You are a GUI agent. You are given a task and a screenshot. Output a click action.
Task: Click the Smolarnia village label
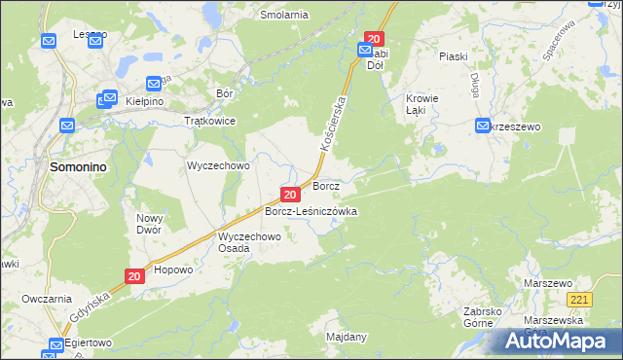point(284,16)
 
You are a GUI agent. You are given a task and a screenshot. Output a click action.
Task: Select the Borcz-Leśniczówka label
point(311,211)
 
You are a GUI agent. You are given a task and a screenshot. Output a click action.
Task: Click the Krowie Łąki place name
point(422,104)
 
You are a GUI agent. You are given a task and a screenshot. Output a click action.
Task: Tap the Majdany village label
point(348,338)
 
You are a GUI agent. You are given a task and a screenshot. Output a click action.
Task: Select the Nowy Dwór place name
point(150,225)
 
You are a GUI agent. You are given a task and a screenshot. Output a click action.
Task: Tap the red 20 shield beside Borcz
point(290,196)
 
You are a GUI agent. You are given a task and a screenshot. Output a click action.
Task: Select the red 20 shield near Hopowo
point(135,277)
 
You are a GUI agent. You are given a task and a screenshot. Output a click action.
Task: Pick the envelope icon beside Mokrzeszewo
point(484,126)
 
